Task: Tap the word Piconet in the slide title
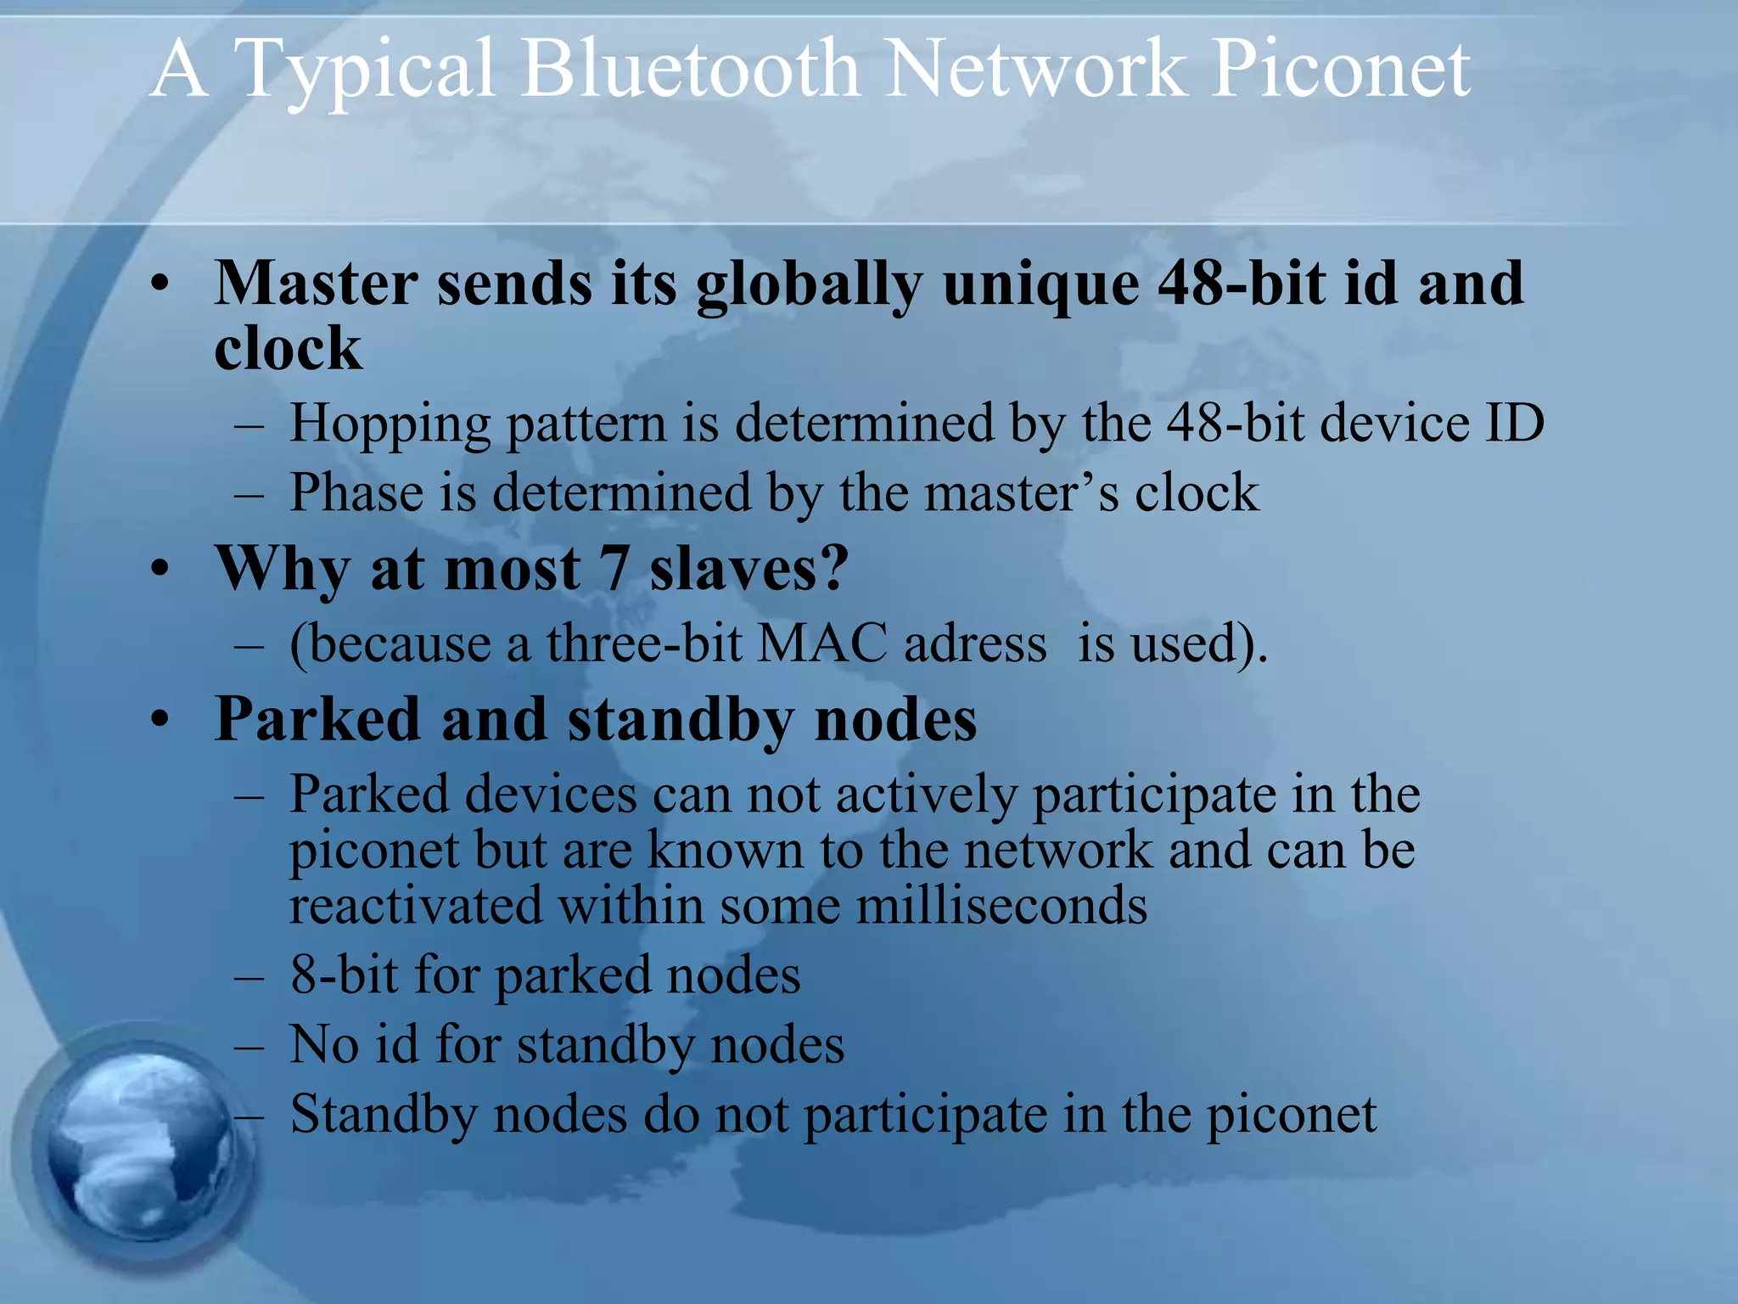(x=1340, y=70)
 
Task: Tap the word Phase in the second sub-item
(x=356, y=492)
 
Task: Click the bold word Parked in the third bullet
(x=317, y=720)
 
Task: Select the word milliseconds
(x=1001, y=905)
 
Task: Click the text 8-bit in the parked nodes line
(x=344, y=975)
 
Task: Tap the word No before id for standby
(x=324, y=1044)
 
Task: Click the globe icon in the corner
(x=136, y=1146)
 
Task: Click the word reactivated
(x=415, y=905)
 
